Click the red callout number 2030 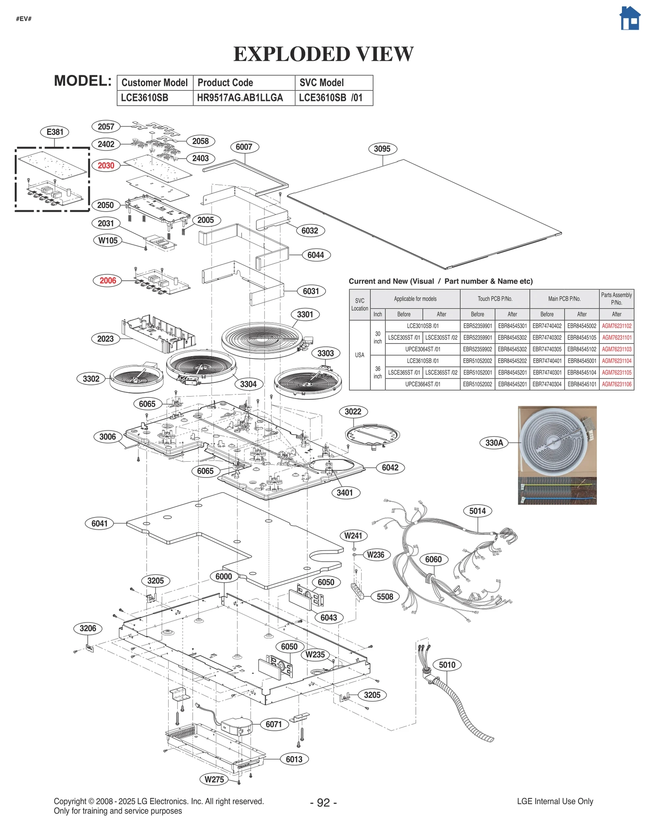point(106,165)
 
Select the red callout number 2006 point(108,280)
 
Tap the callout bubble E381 point(55,132)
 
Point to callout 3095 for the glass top point(382,149)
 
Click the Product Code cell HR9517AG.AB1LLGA point(240,98)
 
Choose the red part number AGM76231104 point(616,361)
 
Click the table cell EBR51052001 point(477,373)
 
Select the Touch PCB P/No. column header point(495,299)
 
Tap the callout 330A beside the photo point(494,443)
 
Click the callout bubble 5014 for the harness point(477,511)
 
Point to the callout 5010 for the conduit point(447,665)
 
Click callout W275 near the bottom point(214,779)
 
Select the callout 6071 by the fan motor point(274,724)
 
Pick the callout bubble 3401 point(345,493)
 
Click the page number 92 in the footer point(323,803)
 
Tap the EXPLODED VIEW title point(323,54)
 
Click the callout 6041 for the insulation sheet point(99,524)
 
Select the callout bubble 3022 point(353,412)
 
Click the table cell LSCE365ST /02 point(441,373)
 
